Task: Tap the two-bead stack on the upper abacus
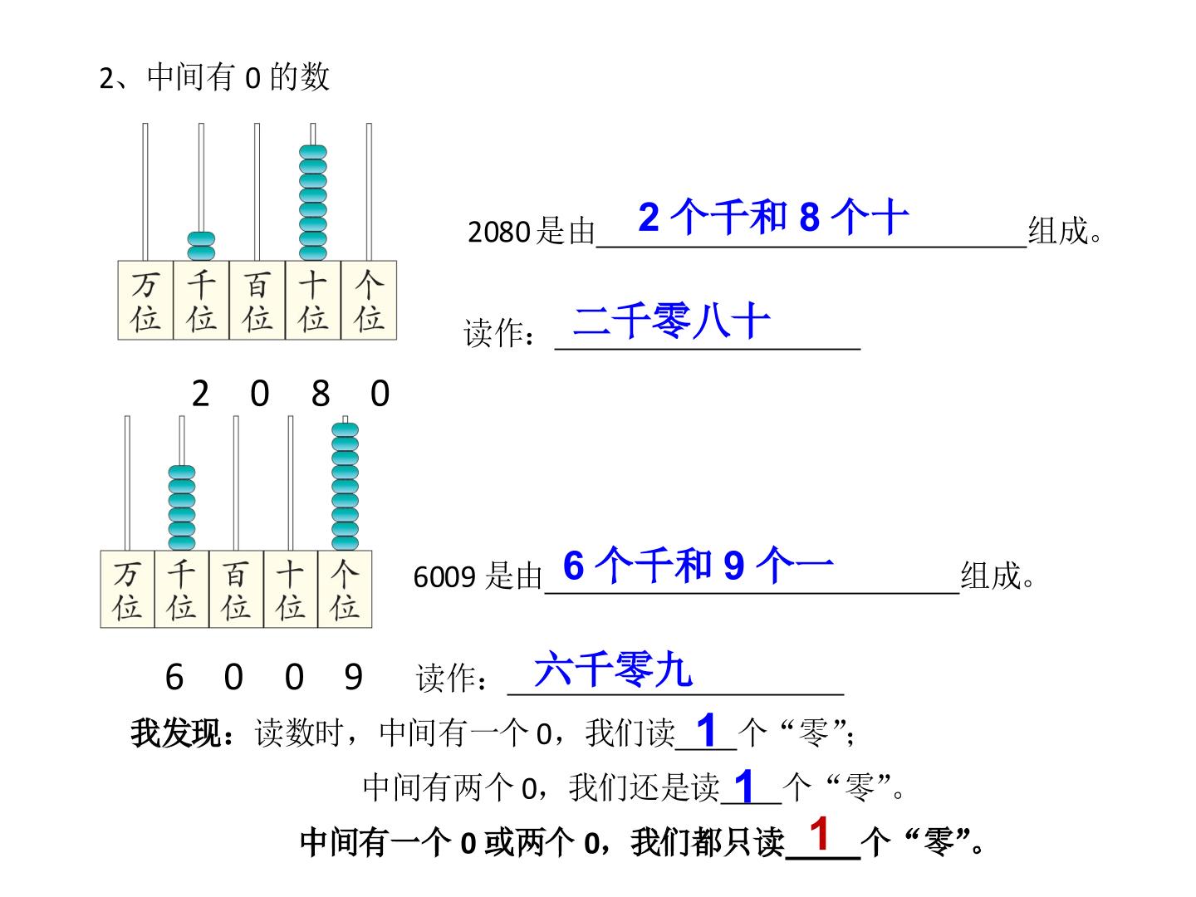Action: tap(201, 246)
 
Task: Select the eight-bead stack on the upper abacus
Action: tap(313, 203)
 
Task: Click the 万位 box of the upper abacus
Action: tap(145, 300)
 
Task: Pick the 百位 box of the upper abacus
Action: tap(257, 300)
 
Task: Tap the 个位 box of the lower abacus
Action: tap(345, 589)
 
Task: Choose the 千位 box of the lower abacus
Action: tap(181, 589)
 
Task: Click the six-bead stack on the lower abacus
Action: tap(181, 507)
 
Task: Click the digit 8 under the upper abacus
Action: tap(321, 393)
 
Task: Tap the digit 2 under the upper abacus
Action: tap(200, 393)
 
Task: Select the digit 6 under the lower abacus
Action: tap(174, 677)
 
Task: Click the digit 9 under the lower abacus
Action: tap(353, 677)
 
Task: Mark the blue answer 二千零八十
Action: tap(671, 321)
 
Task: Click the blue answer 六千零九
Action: tap(613, 669)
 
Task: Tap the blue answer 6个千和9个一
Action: tap(698, 565)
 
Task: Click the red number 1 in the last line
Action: tap(820, 833)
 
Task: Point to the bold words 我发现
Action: tap(175, 733)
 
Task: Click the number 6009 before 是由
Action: tap(444, 577)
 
